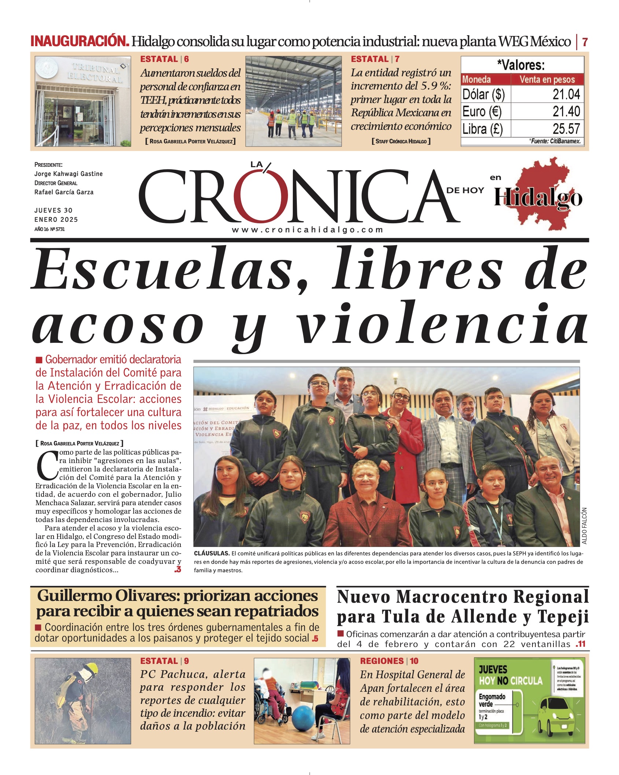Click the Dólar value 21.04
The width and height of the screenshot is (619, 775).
(566, 95)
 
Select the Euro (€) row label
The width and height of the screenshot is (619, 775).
(482, 111)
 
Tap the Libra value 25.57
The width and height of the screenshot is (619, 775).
(566, 129)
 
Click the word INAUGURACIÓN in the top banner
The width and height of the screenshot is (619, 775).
(80, 41)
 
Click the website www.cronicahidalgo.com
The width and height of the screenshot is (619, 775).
(307, 230)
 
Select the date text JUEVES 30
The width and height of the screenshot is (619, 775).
(54, 210)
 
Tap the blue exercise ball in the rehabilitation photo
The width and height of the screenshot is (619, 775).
(304, 719)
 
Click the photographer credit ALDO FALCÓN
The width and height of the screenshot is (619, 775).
(584, 526)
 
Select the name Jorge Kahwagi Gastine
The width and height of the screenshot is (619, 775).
(69, 174)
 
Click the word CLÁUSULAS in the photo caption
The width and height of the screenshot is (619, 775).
(211, 554)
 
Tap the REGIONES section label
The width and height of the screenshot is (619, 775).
(383, 661)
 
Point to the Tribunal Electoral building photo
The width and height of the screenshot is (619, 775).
(83, 101)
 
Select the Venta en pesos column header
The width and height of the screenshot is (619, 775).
(547, 80)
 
